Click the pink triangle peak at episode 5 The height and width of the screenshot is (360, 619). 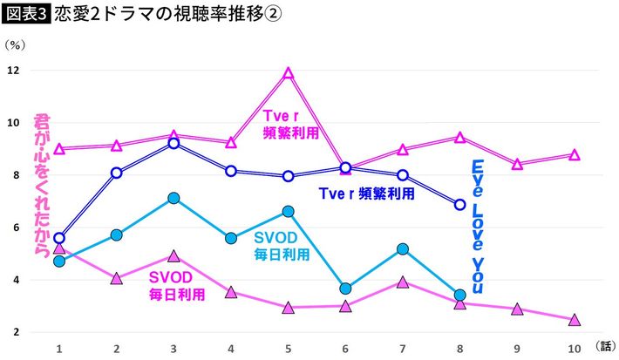[289, 73]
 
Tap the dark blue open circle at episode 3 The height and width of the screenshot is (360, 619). [173, 142]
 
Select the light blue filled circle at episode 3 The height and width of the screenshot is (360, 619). [173, 199]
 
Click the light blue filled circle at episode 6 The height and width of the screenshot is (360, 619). [345, 289]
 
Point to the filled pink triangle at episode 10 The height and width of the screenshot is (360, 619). [575, 320]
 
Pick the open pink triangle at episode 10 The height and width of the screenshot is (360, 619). [575, 154]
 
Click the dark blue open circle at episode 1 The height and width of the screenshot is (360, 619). [59, 238]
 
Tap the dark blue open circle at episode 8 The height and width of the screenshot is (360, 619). [459, 204]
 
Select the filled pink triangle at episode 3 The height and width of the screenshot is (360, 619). [173, 256]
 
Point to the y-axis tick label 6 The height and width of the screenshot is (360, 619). [16, 228]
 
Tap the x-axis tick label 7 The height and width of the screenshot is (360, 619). [403, 348]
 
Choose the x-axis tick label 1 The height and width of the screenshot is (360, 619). [59, 348]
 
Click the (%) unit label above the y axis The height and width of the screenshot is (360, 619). [17, 44]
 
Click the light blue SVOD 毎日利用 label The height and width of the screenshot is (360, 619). [282, 246]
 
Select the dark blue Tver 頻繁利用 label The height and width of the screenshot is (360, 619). [366, 194]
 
